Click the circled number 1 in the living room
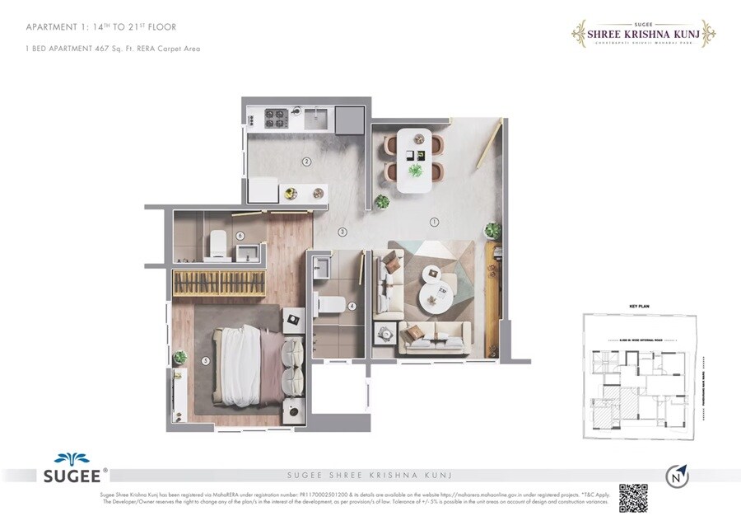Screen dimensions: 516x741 coord(434,221)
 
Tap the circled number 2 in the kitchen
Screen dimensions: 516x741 coord(306,162)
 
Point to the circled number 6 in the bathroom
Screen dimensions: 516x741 coord(240,235)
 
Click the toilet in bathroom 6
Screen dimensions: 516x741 coord(217,242)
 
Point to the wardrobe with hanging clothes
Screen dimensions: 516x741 coord(217,282)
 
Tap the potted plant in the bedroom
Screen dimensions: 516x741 coord(179,358)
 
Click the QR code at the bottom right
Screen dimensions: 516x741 coord(634,497)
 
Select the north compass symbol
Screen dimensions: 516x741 coord(677,476)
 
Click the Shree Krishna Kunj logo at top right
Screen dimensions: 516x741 coord(643,34)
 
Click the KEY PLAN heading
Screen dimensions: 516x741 coord(640,306)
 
